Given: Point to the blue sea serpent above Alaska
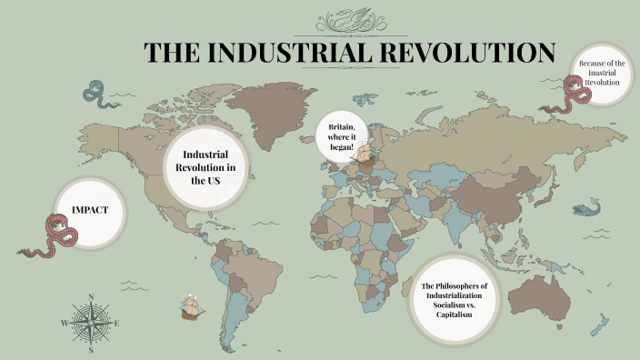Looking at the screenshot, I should click(x=94, y=91).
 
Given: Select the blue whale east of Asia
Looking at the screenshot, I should click(x=587, y=209).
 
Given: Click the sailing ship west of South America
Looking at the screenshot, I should click(x=191, y=306).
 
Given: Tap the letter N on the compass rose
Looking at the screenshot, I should click(x=91, y=296).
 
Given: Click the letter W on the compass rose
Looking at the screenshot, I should click(x=65, y=323).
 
